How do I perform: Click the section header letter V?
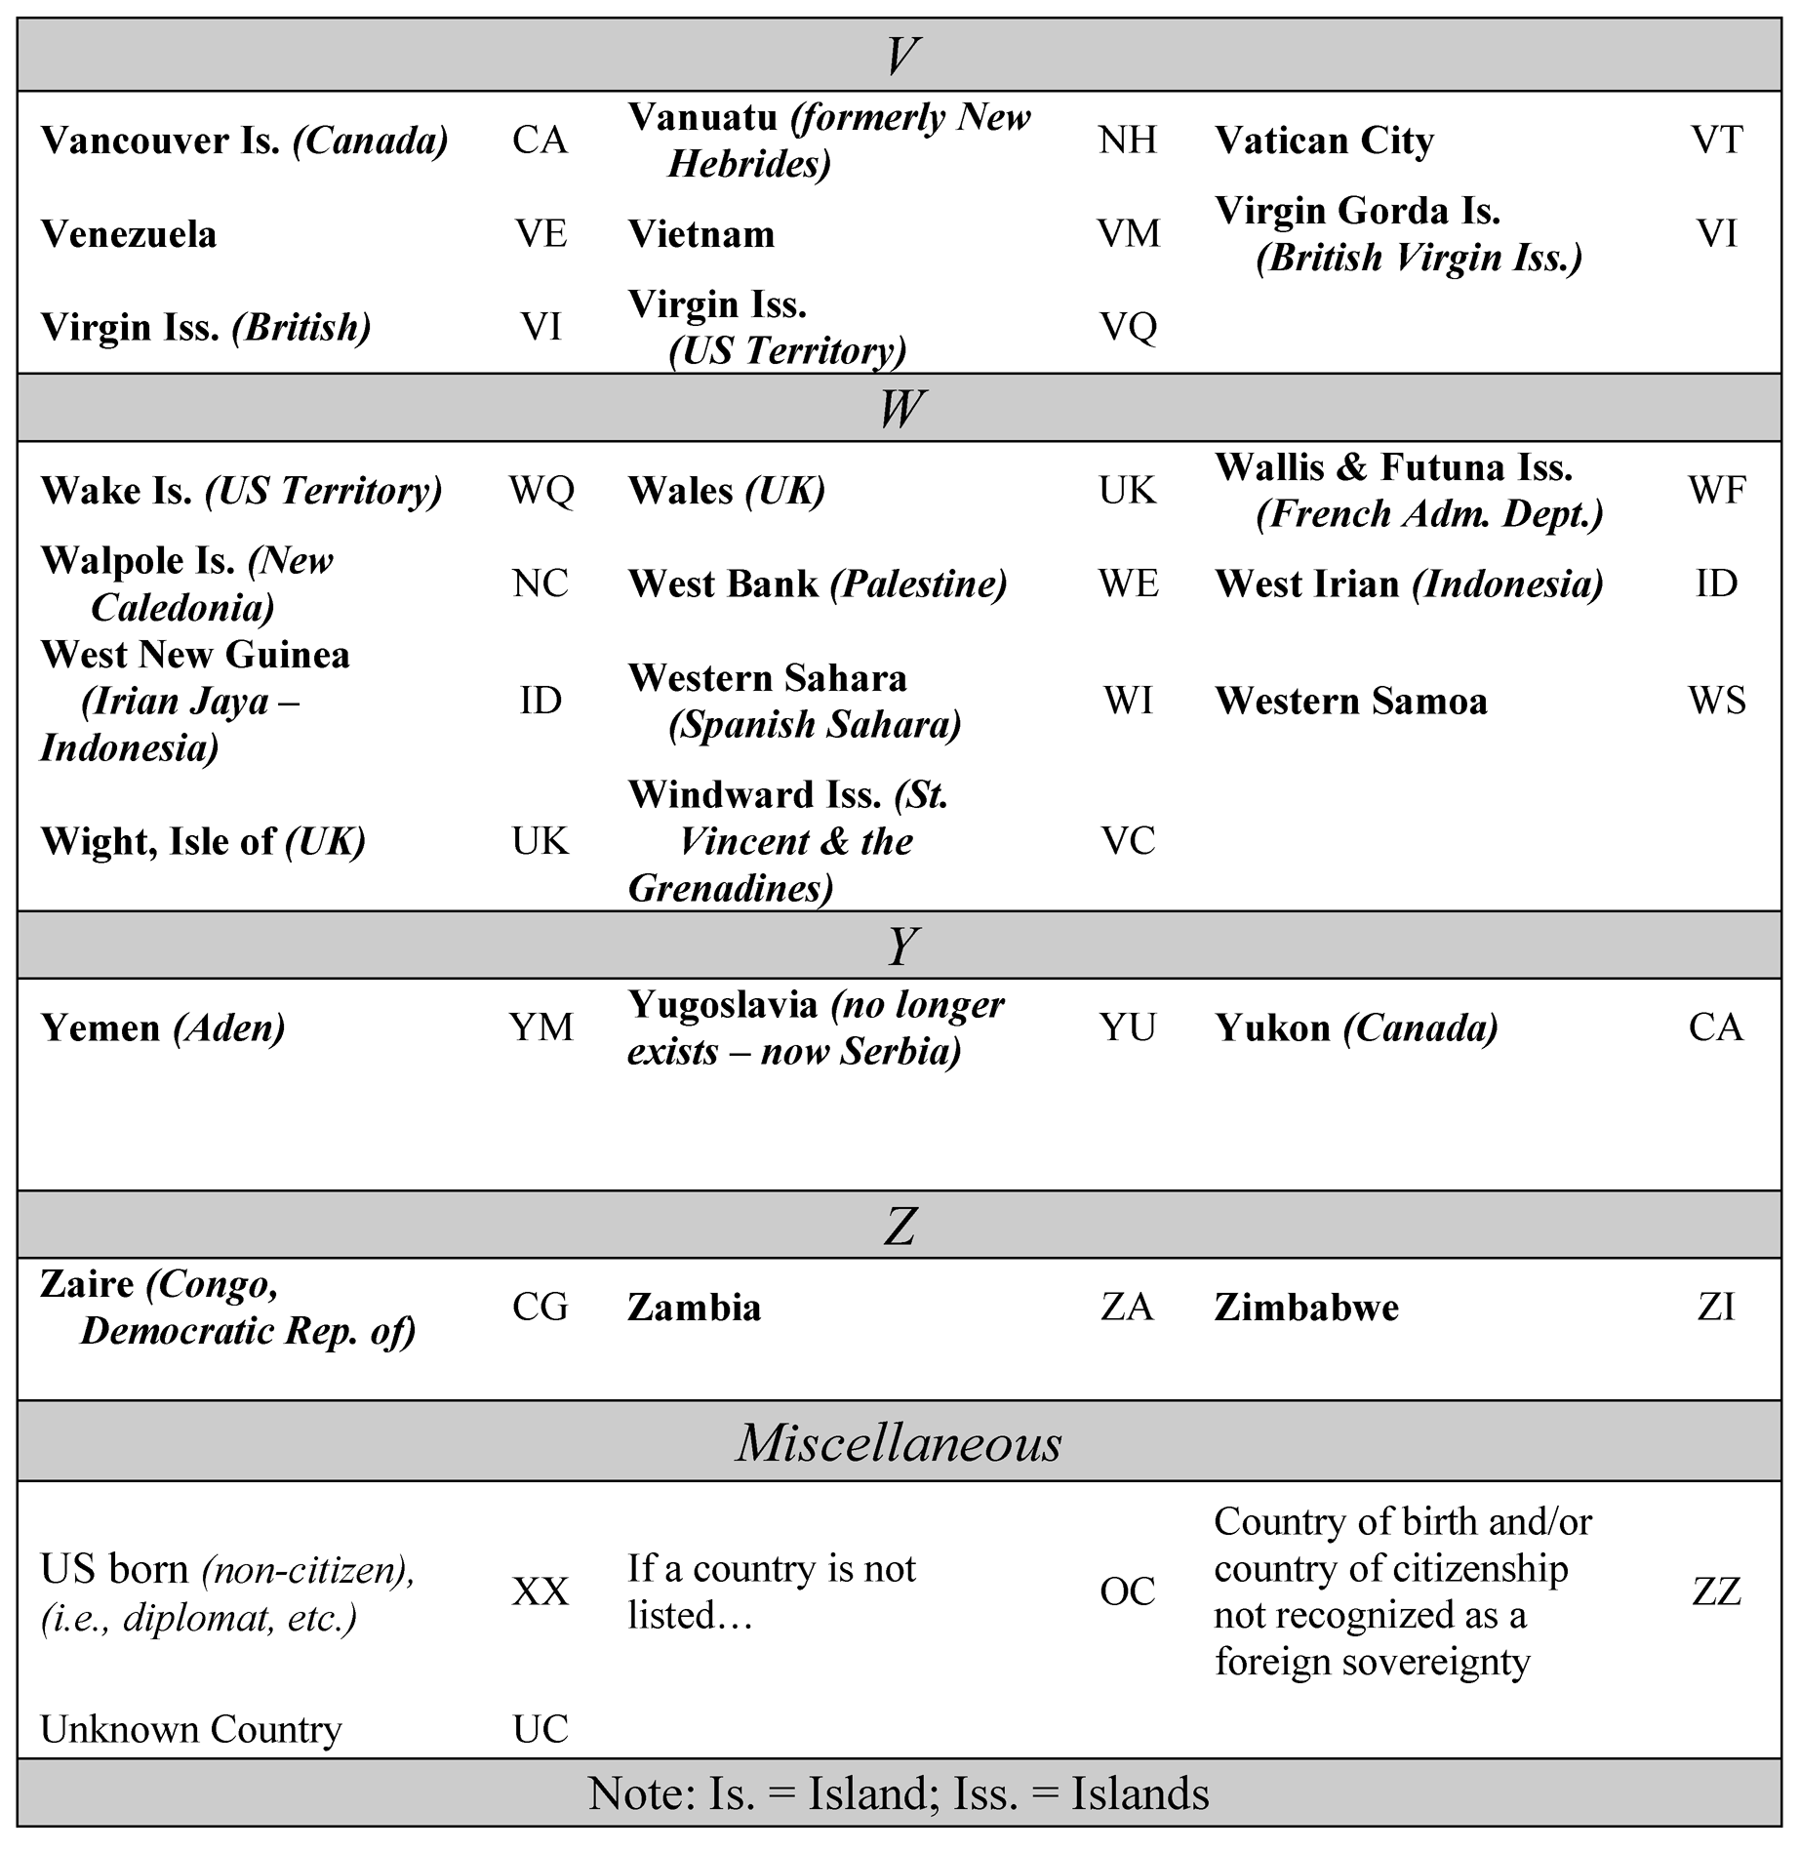pyautogui.click(x=900, y=56)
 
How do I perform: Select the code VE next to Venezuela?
pyautogui.click(x=540, y=234)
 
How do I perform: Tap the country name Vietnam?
pyautogui.click(x=701, y=234)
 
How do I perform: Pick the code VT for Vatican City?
pyautogui.click(x=1716, y=141)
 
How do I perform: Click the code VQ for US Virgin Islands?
pyautogui.click(x=1128, y=327)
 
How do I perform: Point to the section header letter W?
pyautogui.click(x=900, y=408)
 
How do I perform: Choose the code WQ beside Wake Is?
pyautogui.click(x=541, y=490)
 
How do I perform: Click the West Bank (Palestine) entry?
pyautogui.click(x=818, y=584)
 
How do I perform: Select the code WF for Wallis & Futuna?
pyautogui.click(x=1717, y=490)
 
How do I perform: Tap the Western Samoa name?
pyautogui.click(x=1351, y=701)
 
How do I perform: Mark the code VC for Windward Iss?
pyautogui.click(x=1128, y=841)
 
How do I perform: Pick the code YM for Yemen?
pyautogui.click(x=541, y=1027)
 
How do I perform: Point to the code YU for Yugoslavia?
pyautogui.click(x=1128, y=1027)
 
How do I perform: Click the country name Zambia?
pyautogui.click(x=694, y=1308)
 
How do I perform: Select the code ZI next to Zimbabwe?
pyautogui.click(x=1716, y=1308)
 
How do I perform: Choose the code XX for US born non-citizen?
pyautogui.click(x=540, y=1591)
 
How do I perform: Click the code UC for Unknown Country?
pyautogui.click(x=540, y=1728)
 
